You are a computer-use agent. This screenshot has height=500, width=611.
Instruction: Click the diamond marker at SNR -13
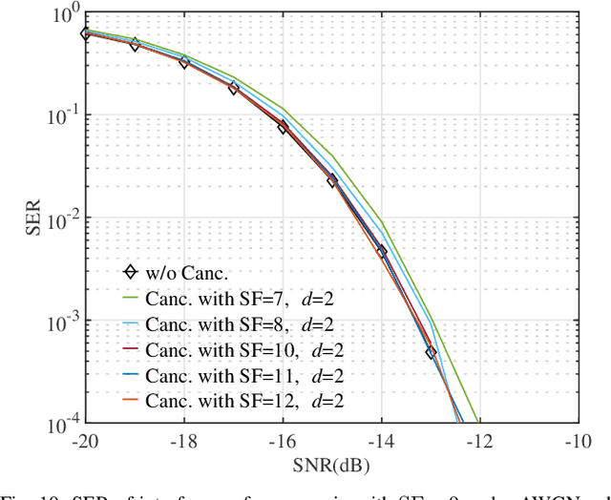[431, 352]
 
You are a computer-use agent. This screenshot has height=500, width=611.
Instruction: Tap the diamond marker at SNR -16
[283, 127]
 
